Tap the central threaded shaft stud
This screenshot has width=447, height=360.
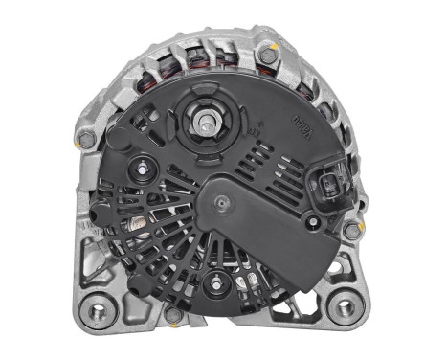(207, 122)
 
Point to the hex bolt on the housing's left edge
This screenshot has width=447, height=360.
(88, 140)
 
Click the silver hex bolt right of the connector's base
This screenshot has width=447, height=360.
(351, 230)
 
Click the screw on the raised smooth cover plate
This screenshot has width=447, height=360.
(222, 199)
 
